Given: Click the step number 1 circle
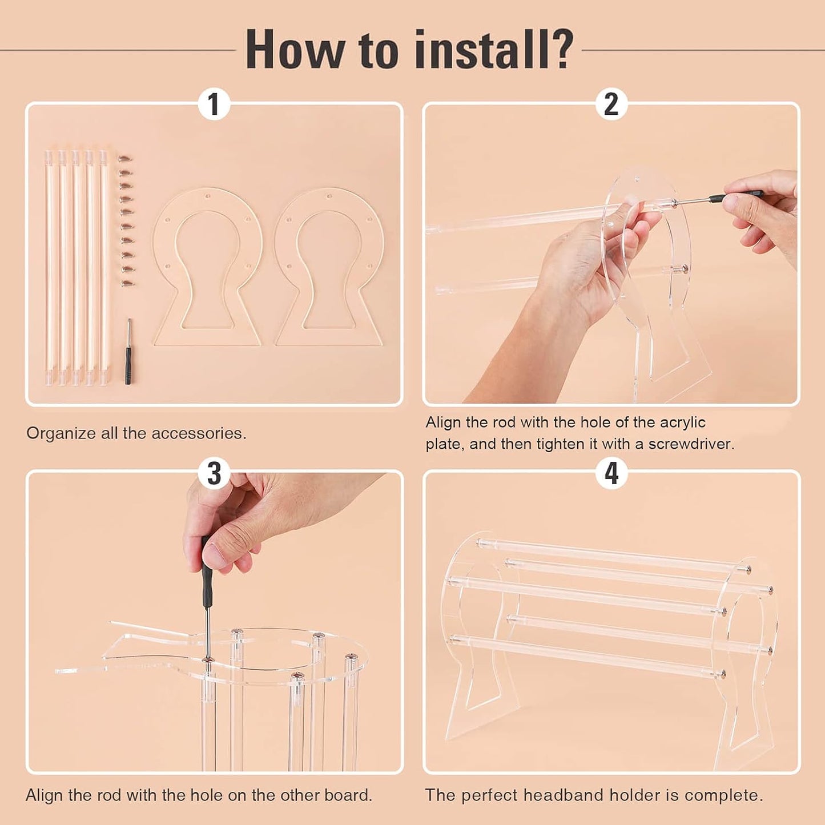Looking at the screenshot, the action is tap(214, 104).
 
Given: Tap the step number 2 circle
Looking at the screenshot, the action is tap(611, 104).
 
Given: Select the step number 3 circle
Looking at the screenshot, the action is tap(214, 474).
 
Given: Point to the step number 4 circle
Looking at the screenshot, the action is tap(611, 474).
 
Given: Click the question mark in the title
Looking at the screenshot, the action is tap(557, 49).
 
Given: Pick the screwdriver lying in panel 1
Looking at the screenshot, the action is tap(128, 352).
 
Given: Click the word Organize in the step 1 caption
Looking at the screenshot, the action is tap(61, 434).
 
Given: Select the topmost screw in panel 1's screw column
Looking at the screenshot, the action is tap(125, 159).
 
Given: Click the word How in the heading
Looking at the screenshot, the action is tap(295, 49).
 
